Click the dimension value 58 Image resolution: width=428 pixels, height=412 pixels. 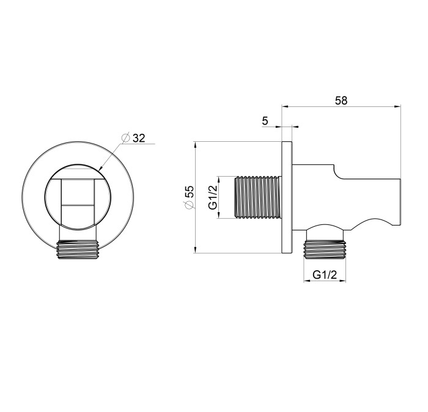(341, 100)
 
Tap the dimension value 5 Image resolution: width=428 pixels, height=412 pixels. (265, 120)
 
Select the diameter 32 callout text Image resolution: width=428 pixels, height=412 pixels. (139, 138)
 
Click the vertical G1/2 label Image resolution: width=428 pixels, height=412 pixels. (213, 197)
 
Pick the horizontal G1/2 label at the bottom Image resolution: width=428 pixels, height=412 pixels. (325, 274)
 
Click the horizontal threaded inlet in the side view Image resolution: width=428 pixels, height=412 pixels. (257, 197)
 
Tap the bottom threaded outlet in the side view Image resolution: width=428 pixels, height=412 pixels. (325, 249)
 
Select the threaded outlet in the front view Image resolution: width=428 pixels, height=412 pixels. (78, 249)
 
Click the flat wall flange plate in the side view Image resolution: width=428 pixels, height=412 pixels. (287, 197)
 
